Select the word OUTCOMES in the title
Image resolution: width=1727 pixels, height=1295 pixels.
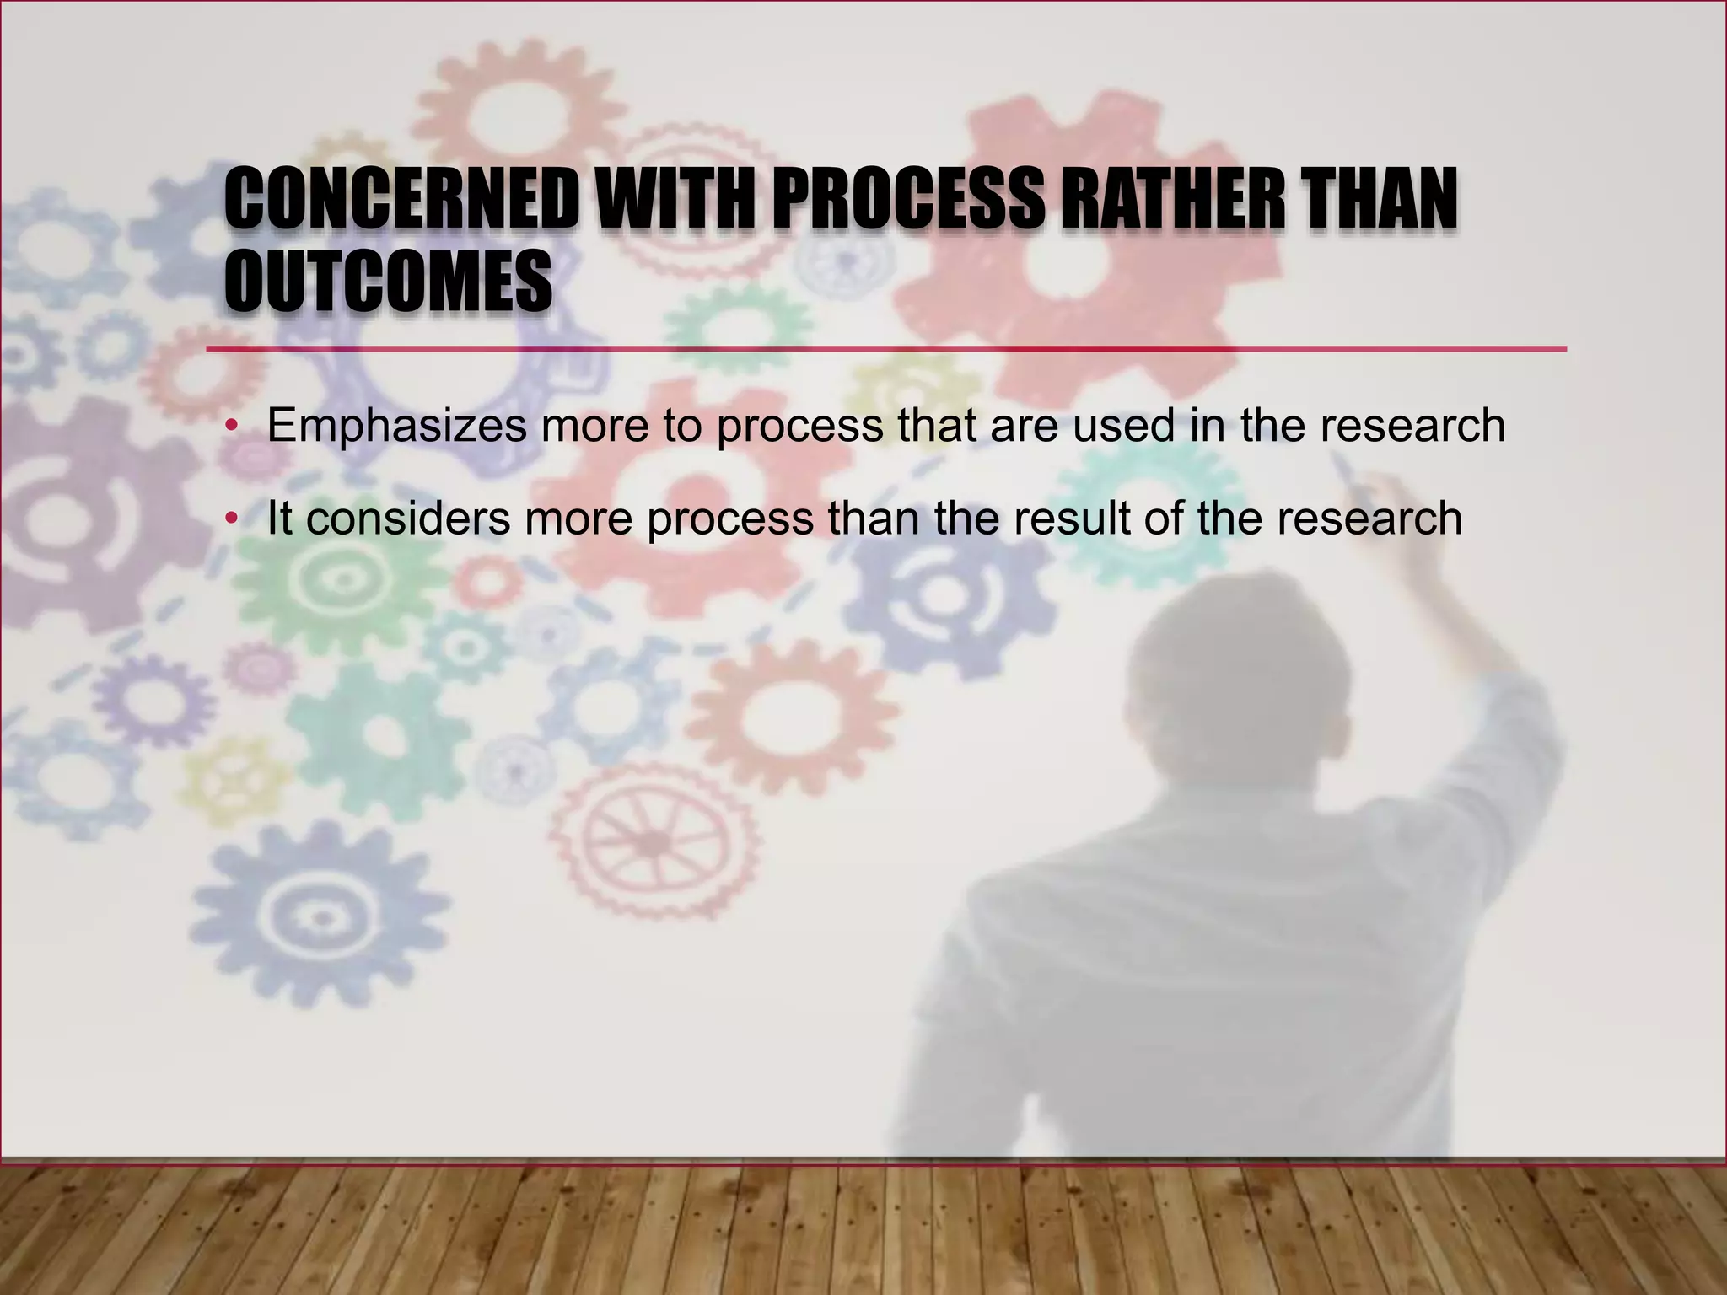388,281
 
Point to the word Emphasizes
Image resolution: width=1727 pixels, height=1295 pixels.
396,426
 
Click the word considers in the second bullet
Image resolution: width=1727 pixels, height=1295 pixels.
408,518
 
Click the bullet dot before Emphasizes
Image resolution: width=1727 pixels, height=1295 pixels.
230,427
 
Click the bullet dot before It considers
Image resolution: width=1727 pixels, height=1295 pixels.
230,519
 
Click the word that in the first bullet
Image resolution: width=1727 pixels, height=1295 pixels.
937,426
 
